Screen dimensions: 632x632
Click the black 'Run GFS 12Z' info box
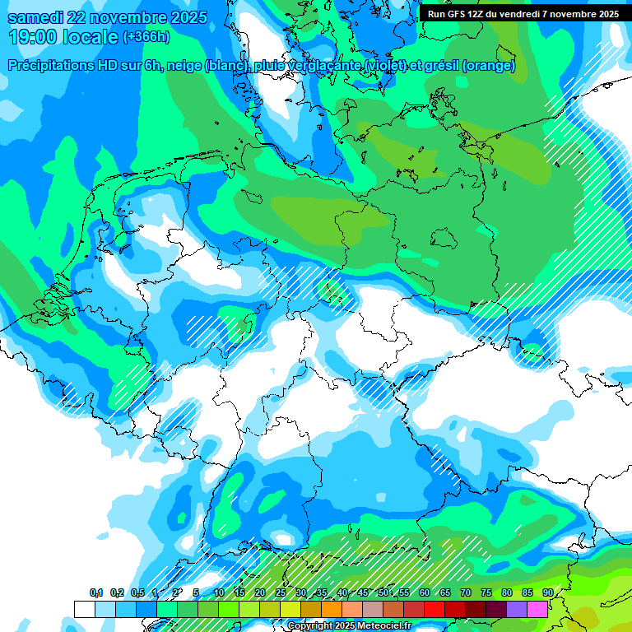coord(523,13)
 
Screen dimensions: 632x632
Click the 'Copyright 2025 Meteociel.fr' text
coord(351,626)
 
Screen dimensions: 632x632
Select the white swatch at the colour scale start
coord(84,609)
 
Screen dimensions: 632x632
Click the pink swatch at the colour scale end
coord(537,609)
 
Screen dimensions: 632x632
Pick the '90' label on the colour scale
coord(548,592)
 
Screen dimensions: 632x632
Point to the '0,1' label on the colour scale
coord(96,592)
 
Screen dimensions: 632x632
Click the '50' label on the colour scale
coord(383,592)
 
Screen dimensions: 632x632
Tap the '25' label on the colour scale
coord(281,592)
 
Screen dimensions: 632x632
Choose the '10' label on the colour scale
coord(219,592)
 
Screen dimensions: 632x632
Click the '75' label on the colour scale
coord(486,592)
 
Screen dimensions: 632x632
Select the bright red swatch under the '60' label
coord(434,609)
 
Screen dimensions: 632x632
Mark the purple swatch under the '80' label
coord(517,609)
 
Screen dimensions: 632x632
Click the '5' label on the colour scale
coord(196,592)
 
